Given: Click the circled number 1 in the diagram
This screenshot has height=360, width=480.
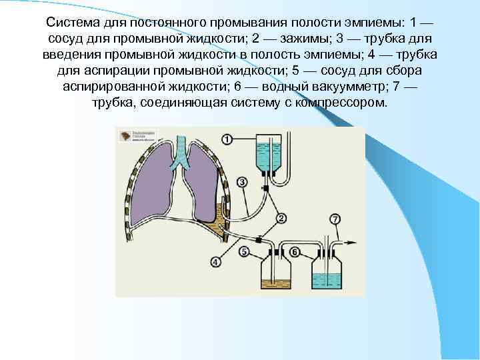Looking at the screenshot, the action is point(227,139).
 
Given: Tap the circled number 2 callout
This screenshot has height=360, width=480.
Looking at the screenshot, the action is point(281,218).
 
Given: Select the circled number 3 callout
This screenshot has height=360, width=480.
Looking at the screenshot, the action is point(242,181).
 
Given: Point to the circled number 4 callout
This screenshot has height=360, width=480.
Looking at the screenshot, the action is point(215,262).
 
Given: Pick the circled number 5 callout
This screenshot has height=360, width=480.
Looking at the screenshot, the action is point(245,251).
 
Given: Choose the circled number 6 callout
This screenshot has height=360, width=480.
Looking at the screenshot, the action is point(295,251).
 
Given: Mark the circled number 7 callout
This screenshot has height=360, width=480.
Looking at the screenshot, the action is point(335,219).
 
